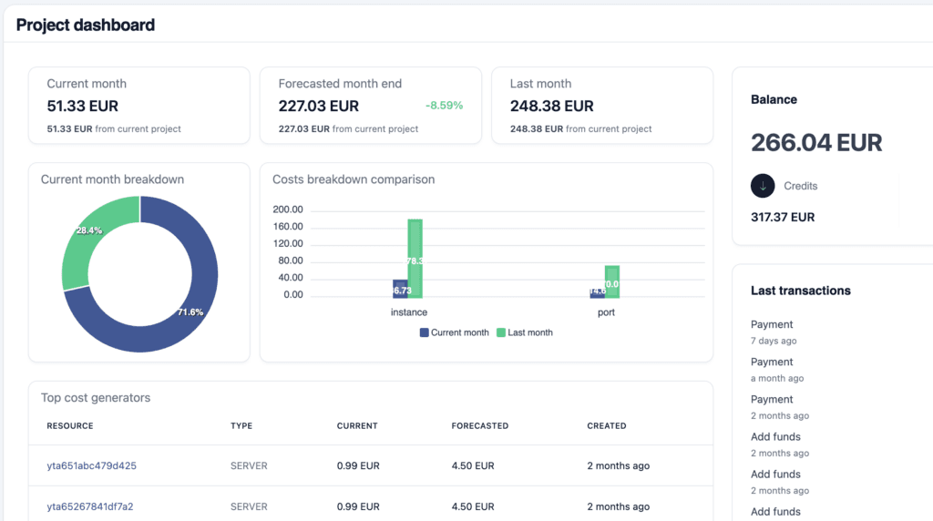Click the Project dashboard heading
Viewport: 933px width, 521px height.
pyautogui.click(x=86, y=25)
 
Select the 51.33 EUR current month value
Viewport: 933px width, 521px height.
pyautogui.click(x=83, y=107)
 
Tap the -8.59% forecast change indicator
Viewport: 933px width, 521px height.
pyautogui.click(x=444, y=106)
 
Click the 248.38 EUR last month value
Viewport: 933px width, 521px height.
pyautogui.click(x=551, y=107)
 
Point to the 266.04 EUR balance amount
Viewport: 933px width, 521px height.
pyautogui.click(x=816, y=143)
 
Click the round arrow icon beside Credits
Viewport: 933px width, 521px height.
pyautogui.click(x=763, y=186)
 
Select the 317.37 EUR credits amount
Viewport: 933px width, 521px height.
pyautogui.click(x=783, y=217)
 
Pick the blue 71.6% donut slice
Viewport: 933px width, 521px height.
pyautogui.click(x=182, y=301)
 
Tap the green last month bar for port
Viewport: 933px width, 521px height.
pyautogui.click(x=612, y=281)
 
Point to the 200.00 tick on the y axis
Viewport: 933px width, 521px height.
pyautogui.click(x=288, y=209)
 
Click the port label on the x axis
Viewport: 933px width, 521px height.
pyautogui.click(x=606, y=312)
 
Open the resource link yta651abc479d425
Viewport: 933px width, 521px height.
pyautogui.click(x=91, y=465)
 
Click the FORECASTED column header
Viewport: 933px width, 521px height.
pyautogui.click(x=479, y=425)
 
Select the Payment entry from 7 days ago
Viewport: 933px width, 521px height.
pyautogui.click(x=772, y=324)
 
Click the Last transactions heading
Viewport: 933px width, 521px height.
pyautogui.click(x=800, y=291)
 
